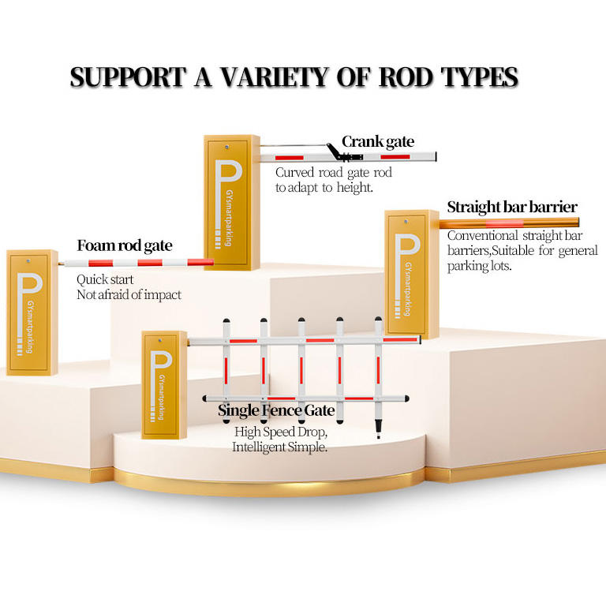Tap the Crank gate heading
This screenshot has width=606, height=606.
point(377,142)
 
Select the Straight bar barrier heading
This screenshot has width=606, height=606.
point(512,208)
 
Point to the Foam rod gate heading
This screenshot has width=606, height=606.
point(124,245)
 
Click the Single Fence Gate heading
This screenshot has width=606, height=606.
point(276,411)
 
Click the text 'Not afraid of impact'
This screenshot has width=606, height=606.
point(129,295)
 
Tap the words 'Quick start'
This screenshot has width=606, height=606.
point(105,279)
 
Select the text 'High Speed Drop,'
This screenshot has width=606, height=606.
point(280,432)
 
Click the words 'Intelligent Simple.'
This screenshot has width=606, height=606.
point(279,447)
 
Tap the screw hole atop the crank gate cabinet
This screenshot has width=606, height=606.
point(226,146)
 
